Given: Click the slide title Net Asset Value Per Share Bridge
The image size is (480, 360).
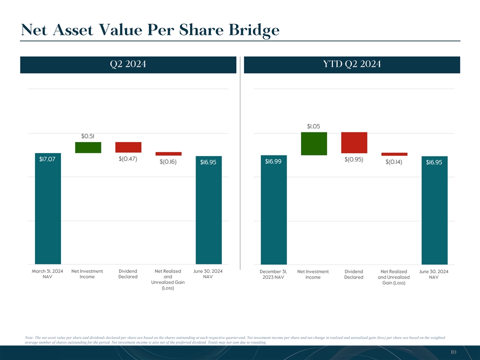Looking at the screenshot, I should click(x=150, y=30).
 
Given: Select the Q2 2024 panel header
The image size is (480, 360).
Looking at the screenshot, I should click(x=128, y=64).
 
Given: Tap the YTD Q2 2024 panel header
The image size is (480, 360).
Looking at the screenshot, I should click(x=352, y=64).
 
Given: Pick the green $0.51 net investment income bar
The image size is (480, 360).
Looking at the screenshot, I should click(x=88, y=147).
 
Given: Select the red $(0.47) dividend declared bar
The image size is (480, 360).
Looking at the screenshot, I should click(x=128, y=147).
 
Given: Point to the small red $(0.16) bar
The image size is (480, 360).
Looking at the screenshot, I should click(x=168, y=154).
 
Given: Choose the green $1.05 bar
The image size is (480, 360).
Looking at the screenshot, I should click(x=314, y=143).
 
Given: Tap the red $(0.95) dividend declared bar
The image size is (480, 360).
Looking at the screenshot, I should click(x=354, y=143).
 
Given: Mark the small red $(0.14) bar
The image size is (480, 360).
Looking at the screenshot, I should click(x=394, y=154).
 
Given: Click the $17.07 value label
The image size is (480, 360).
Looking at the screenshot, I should click(x=47, y=159).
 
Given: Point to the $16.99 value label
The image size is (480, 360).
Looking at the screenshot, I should click(x=273, y=161).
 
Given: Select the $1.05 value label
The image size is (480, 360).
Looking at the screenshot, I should click(x=313, y=126).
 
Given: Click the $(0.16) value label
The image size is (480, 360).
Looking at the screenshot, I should click(x=168, y=161).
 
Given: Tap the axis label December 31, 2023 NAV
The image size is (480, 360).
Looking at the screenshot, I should click(x=273, y=274).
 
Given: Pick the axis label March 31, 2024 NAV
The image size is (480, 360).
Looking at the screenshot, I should click(x=47, y=274).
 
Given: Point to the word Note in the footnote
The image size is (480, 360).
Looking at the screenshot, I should click(x=28, y=338).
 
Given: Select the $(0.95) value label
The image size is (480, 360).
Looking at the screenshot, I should click(x=354, y=159).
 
